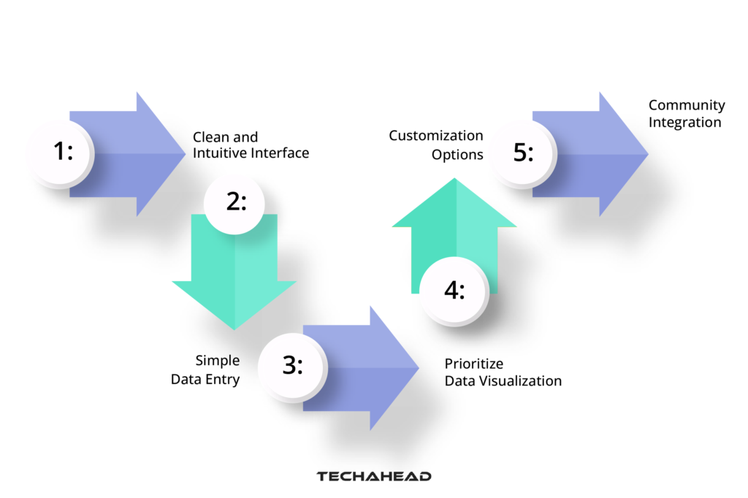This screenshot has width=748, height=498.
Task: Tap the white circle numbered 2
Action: point(235,202)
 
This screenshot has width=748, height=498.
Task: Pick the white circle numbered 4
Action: point(454,291)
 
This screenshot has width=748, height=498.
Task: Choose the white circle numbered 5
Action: point(523,153)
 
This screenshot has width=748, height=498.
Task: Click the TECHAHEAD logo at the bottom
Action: point(374,477)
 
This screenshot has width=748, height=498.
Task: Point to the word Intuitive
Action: point(222,153)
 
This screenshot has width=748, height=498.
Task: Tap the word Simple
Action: point(218,361)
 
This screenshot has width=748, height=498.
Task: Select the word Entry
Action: point(223,379)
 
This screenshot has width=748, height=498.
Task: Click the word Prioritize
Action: point(474,364)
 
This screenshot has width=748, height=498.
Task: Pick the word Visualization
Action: point(521,380)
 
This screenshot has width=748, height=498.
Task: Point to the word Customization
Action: point(436,136)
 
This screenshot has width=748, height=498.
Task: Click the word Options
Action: point(457,154)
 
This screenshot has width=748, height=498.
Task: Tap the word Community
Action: point(687,106)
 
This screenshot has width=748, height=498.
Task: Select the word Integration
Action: point(685,122)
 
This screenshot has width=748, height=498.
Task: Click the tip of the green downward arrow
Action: point(234,328)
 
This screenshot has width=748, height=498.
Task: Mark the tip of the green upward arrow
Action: point(456,180)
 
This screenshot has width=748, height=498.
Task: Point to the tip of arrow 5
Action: point(647,153)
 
